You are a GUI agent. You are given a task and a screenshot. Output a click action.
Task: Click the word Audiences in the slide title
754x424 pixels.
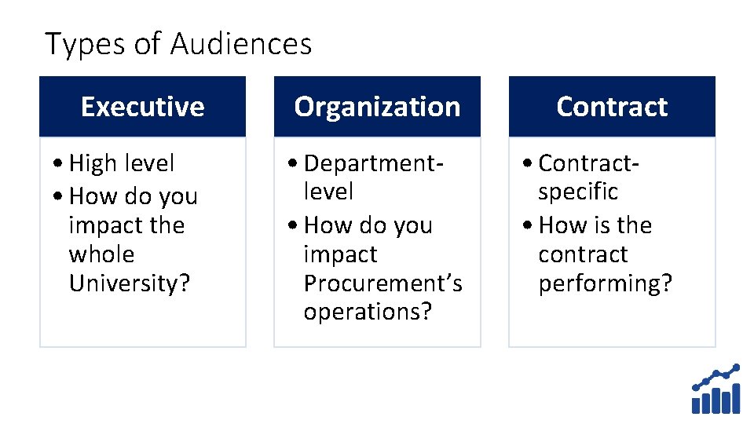(240, 44)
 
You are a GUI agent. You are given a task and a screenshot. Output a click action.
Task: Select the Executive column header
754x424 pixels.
(142, 107)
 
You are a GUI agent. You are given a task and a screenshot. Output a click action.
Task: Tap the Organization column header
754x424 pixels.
(377, 107)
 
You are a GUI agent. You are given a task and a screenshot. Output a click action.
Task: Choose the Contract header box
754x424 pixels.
(612, 107)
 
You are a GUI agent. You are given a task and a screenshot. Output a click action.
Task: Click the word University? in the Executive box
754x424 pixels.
(130, 283)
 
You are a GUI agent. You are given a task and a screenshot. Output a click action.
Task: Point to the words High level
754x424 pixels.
(122, 163)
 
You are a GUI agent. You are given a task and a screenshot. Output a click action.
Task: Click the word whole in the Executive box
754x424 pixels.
(101, 254)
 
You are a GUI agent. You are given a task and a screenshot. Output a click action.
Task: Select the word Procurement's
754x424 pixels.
(382, 283)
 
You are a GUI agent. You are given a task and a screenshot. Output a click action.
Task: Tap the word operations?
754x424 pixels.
(368, 312)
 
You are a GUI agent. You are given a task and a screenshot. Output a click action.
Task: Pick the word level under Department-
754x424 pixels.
(328, 192)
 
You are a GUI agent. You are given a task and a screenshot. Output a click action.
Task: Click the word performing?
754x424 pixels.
(605, 283)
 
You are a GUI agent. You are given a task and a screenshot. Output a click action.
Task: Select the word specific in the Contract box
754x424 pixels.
(577, 192)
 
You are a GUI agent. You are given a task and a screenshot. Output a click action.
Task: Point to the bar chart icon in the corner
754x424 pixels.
(716, 389)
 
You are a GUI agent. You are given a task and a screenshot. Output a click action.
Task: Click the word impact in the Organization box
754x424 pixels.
(340, 254)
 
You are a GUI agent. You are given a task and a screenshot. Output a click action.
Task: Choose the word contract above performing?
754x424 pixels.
(583, 254)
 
